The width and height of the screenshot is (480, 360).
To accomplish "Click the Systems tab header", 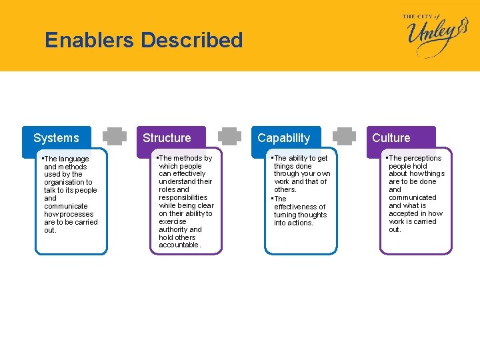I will tap(56, 138).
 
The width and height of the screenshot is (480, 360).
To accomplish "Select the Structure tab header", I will tap(167, 138).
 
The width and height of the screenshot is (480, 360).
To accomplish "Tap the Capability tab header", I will tap(284, 138).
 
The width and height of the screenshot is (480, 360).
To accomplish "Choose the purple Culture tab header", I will tap(391, 138).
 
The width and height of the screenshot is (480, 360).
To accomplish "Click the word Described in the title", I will tap(192, 40).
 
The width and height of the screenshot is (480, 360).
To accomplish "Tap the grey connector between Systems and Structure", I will tap(115, 136).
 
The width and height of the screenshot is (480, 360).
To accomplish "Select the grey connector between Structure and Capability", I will tap(231, 136).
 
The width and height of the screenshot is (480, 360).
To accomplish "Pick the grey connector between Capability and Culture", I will tap(345, 136).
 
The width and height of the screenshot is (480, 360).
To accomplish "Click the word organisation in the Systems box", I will tap(65, 182).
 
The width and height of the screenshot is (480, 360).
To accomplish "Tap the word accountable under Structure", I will tap(179, 245).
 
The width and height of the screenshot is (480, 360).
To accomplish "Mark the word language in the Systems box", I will tap(73, 159).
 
